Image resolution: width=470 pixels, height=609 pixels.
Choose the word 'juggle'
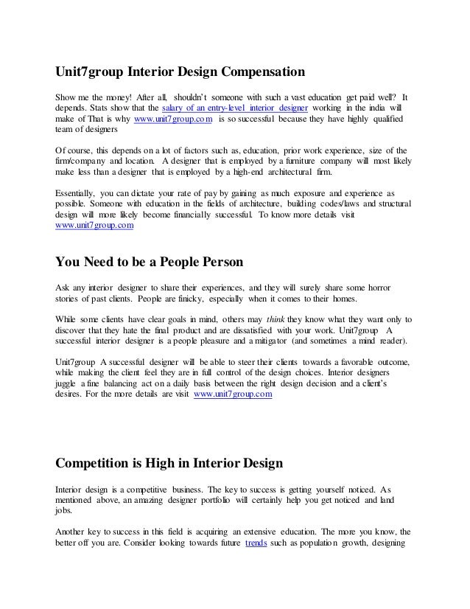69,384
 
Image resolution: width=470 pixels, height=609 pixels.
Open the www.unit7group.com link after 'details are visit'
233,395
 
